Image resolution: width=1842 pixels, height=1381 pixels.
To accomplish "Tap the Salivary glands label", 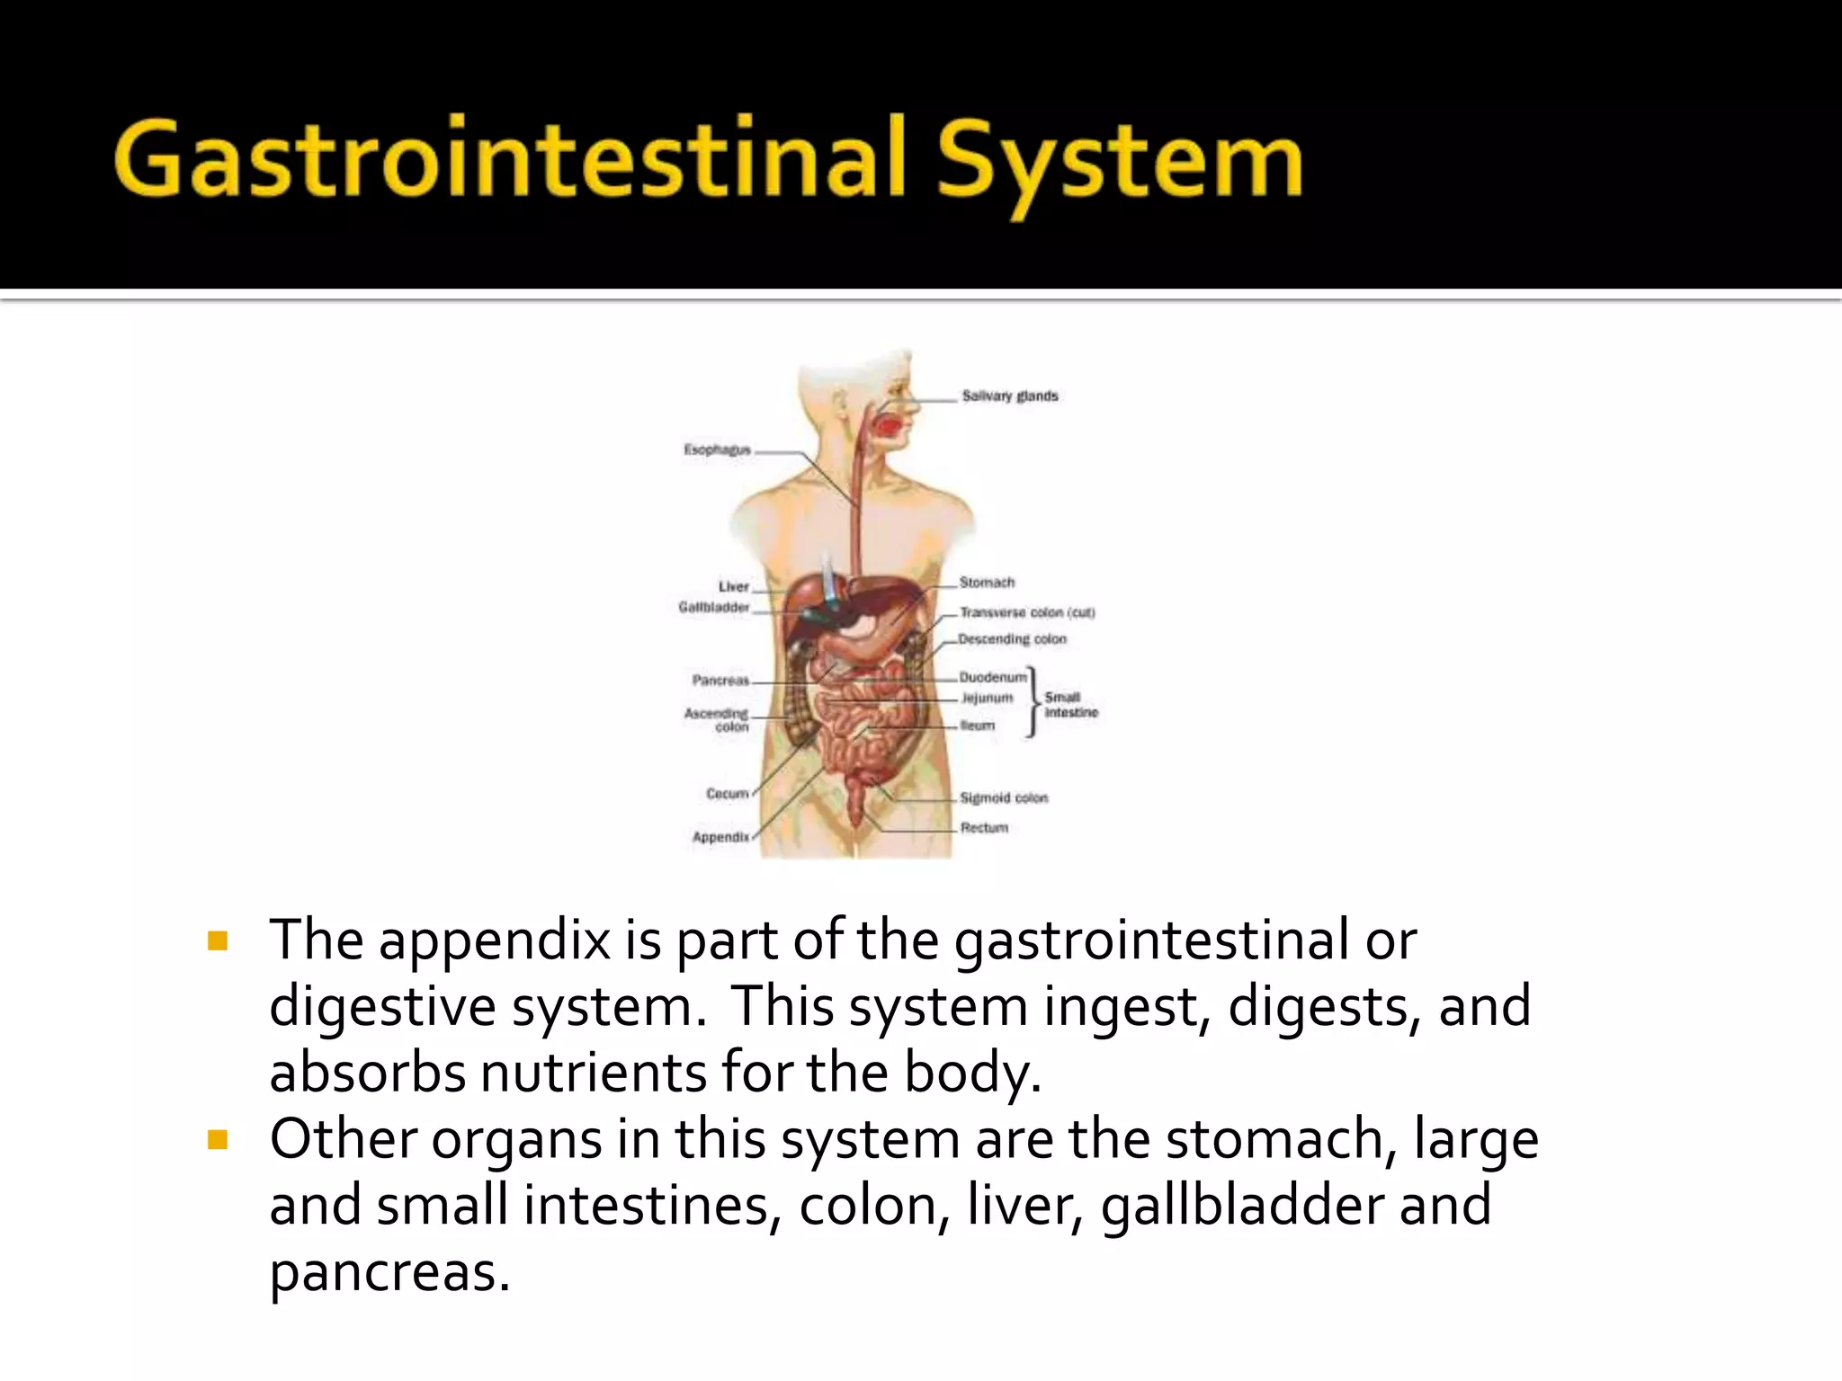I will click(x=1009, y=396).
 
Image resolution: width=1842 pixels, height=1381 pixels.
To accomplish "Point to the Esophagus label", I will click(x=717, y=450).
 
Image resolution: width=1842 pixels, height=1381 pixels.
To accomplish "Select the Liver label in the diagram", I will click(x=733, y=586).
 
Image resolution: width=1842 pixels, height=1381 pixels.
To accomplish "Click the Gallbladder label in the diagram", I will click(x=713, y=608).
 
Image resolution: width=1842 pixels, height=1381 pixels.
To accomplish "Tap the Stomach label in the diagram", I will click(x=987, y=583).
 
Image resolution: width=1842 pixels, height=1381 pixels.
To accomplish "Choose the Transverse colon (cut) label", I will click(x=1026, y=612).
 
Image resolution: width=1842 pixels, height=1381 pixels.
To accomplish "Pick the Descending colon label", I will click(x=1012, y=639).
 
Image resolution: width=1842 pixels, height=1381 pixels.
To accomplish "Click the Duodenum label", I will click(x=992, y=677).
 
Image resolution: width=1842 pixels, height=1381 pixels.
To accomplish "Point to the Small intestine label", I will click(x=1070, y=705).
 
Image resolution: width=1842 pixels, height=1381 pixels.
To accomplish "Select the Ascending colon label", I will click(x=717, y=719).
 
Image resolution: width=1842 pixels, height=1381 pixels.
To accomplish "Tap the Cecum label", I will click(x=727, y=794).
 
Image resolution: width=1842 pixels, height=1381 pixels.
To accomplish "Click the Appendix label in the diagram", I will click(x=720, y=837).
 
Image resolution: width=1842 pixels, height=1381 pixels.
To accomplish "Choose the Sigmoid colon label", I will click(x=1004, y=797).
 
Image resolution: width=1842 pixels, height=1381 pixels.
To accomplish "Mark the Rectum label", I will click(x=984, y=827).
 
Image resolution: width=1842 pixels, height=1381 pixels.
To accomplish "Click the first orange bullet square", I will click(x=217, y=941).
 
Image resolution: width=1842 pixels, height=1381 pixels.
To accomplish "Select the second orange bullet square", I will click(x=217, y=1140).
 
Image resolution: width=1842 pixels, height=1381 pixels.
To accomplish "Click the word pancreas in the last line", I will click(x=389, y=1272).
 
